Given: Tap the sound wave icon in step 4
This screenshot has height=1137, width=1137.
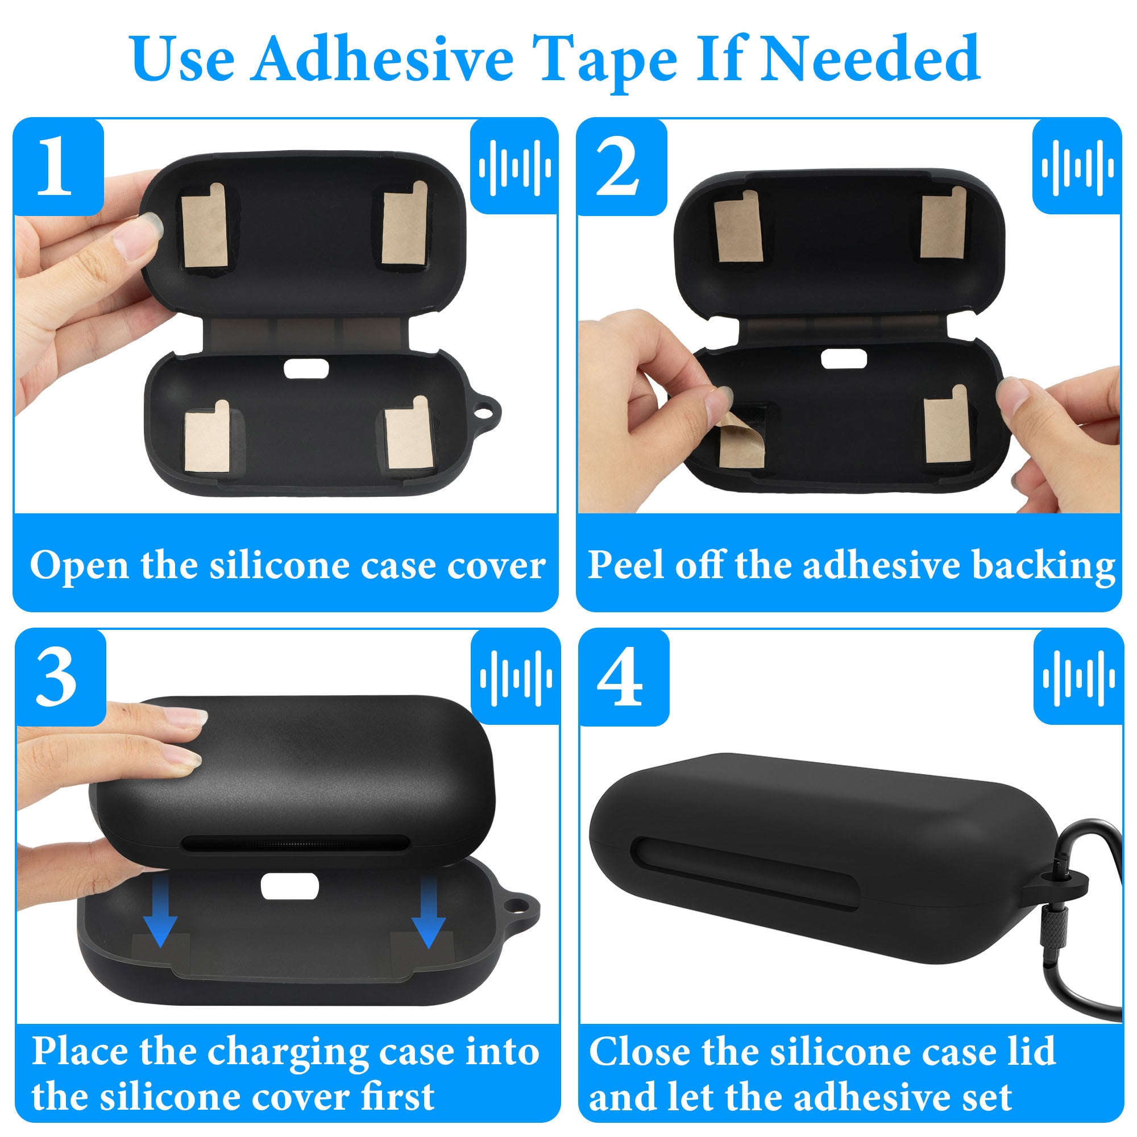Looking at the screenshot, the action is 1078,678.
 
